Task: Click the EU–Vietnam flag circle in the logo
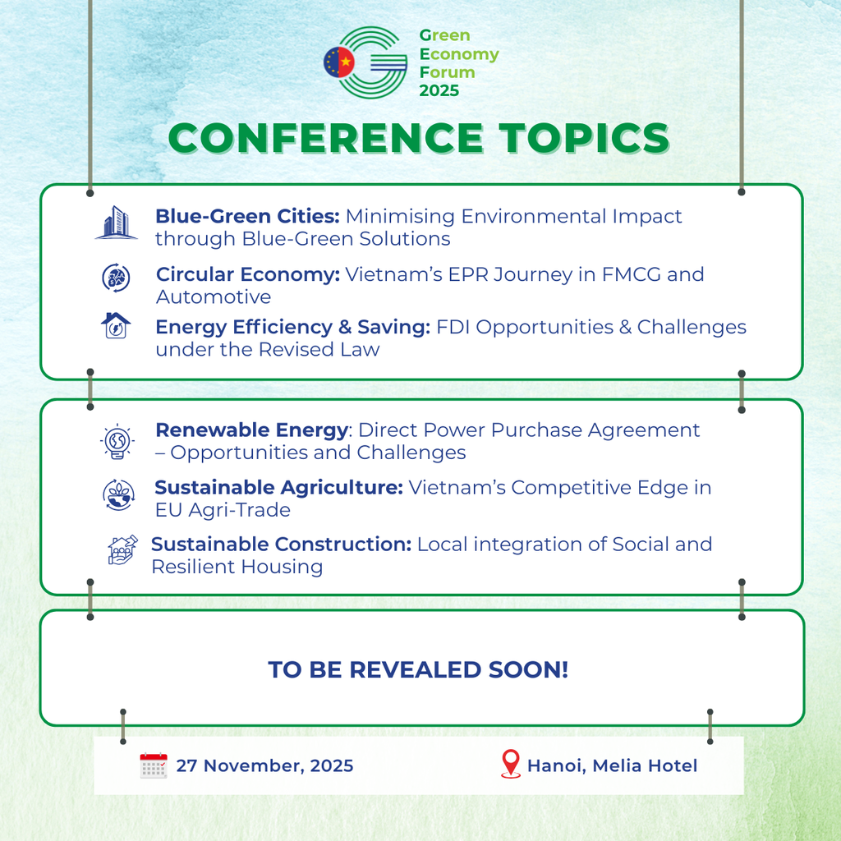(x=339, y=62)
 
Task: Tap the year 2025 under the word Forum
(x=439, y=90)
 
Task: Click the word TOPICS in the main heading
(x=584, y=138)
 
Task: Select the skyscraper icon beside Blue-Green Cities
(x=117, y=222)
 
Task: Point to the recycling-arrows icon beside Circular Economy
(x=117, y=278)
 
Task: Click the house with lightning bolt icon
(x=116, y=325)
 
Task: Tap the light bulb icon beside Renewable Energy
(x=117, y=441)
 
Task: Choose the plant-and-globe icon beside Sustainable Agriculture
(x=118, y=495)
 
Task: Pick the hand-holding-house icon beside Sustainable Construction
(x=123, y=549)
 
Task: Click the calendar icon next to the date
(x=154, y=765)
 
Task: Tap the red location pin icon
(x=511, y=764)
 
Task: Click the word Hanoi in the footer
(x=558, y=766)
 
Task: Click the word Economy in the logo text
(x=459, y=55)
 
